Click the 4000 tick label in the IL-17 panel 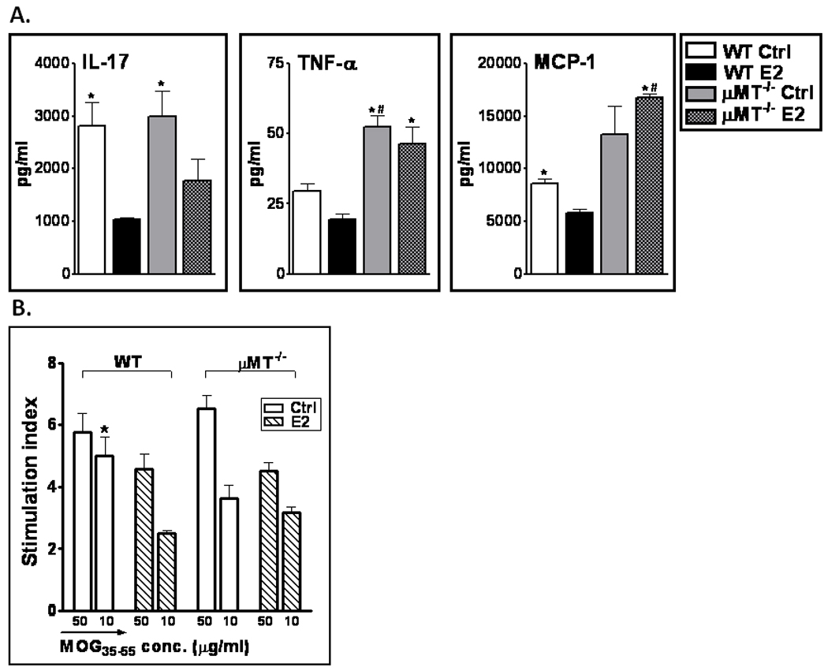(x=59, y=63)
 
